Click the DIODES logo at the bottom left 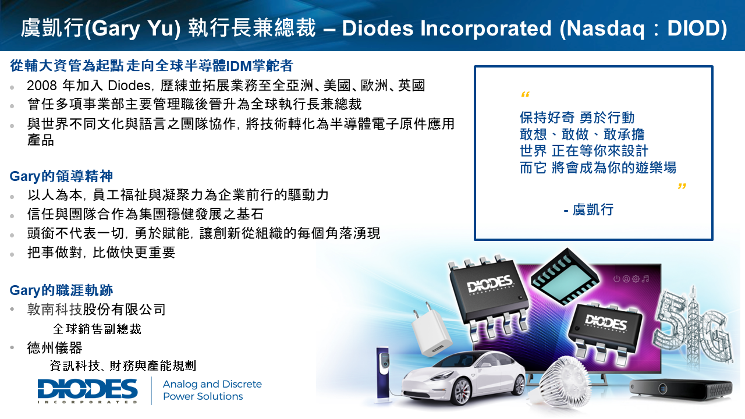point(87,391)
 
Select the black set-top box point(681,389)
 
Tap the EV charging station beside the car point(383,372)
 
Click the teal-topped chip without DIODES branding point(565,276)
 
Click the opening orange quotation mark point(525,95)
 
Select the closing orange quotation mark point(682,186)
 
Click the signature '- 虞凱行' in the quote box point(588,210)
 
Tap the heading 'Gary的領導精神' point(62,176)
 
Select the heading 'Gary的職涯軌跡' point(62,290)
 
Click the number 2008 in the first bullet point(42,86)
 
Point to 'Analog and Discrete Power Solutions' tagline point(212,390)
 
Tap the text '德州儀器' point(55,348)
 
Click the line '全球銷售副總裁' point(97,329)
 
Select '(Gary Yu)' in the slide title point(133,29)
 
